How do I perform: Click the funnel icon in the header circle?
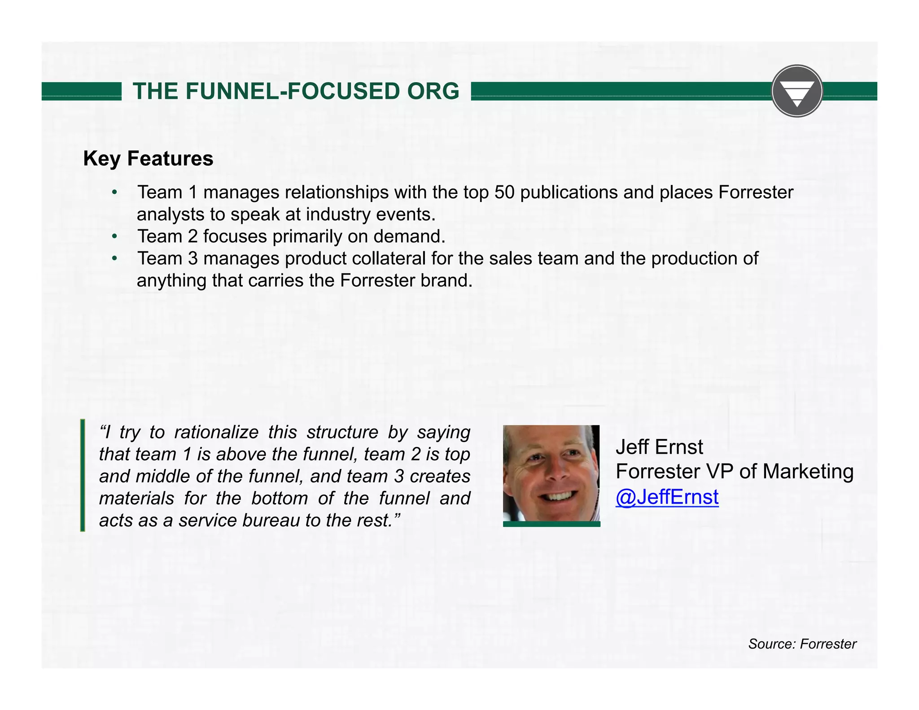[x=797, y=92]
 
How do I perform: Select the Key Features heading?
[x=148, y=158]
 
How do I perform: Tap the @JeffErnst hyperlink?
[x=667, y=497]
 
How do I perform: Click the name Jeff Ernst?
[x=659, y=447]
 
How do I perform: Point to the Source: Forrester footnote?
[x=802, y=644]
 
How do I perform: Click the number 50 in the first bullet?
[x=504, y=192]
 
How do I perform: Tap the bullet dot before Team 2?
[x=115, y=237]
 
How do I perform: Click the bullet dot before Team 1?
[x=115, y=193]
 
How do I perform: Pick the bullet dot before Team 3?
[x=115, y=259]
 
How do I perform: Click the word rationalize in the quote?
[x=216, y=432]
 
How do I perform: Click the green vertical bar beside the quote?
[x=83, y=475]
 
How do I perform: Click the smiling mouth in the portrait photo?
[x=558, y=496]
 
